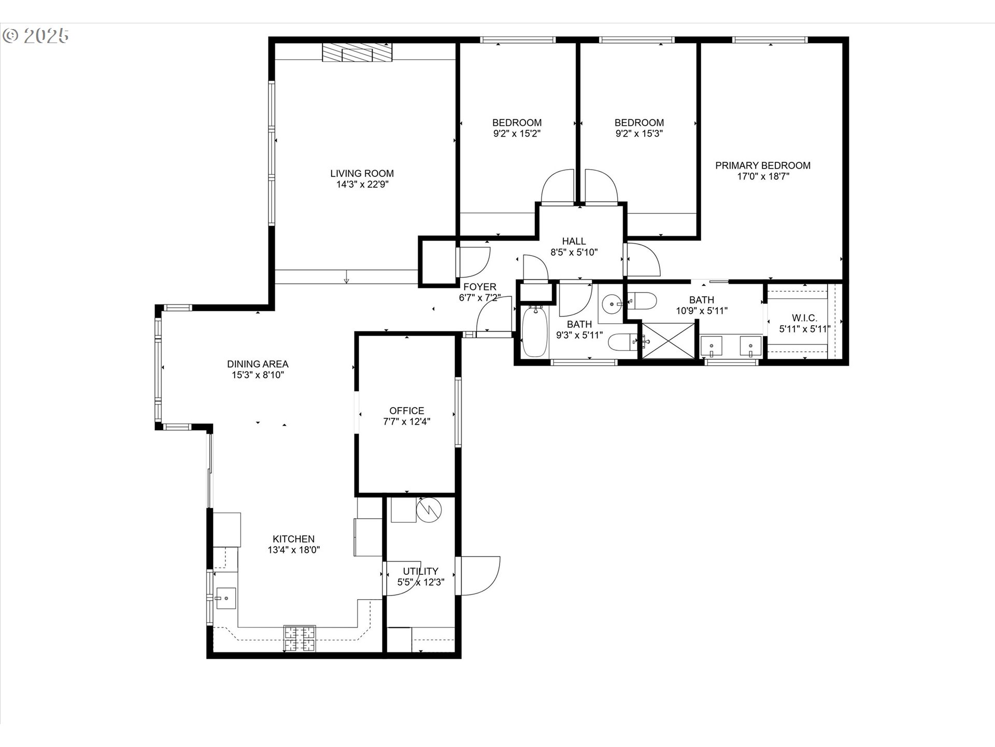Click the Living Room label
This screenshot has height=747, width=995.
pos(362,173)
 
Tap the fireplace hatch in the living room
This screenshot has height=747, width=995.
pos(357,52)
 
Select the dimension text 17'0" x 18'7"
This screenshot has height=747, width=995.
pos(763,176)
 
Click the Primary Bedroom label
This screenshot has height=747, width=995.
pos(763,165)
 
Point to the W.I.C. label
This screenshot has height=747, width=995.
pos(804,318)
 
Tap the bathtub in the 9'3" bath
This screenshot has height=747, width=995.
pos(535,332)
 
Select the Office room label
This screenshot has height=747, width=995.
pos(407,410)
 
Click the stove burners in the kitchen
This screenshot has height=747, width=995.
pos(300,639)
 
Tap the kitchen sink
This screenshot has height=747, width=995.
pos(226,599)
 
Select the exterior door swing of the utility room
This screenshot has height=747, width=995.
pos(480,576)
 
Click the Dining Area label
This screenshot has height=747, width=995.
pos(258,364)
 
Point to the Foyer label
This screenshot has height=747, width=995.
pos(479,287)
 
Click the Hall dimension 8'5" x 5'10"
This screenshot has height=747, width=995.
pos(574,253)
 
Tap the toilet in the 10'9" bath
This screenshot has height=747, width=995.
pos(643,300)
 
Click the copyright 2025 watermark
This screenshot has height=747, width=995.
pos(35,35)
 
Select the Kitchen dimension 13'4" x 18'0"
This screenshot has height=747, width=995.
pos(294,550)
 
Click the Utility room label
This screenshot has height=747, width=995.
pos(420,571)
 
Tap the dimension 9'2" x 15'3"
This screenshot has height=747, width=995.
pos(639,133)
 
